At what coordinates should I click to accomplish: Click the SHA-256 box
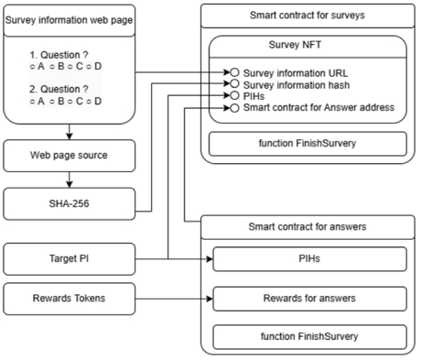(70, 203)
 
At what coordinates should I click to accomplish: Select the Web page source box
(70, 156)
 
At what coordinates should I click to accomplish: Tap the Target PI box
(70, 259)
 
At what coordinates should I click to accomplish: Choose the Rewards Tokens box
(70, 299)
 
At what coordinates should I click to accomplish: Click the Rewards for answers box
(309, 299)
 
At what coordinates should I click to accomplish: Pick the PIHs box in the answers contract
(309, 259)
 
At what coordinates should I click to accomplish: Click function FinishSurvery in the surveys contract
(308, 144)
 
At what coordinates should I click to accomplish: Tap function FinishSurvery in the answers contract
(309, 336)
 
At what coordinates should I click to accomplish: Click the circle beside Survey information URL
(234, 72)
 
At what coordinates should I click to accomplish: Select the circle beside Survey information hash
(234, 83)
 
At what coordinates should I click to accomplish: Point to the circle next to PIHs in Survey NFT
(234, 95)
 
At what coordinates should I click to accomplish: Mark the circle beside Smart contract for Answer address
(234, 108)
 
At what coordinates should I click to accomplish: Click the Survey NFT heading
(295, 45)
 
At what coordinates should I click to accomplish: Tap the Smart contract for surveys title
(308, 16)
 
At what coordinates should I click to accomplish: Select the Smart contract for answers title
(308, 227)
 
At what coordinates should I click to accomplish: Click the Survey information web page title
(69, 20)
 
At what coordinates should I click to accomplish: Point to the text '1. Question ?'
(59, 55)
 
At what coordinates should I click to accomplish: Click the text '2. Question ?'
(59, 89)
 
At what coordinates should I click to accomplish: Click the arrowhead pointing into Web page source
(70, 136)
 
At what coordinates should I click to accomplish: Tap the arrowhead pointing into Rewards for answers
(210, 299)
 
